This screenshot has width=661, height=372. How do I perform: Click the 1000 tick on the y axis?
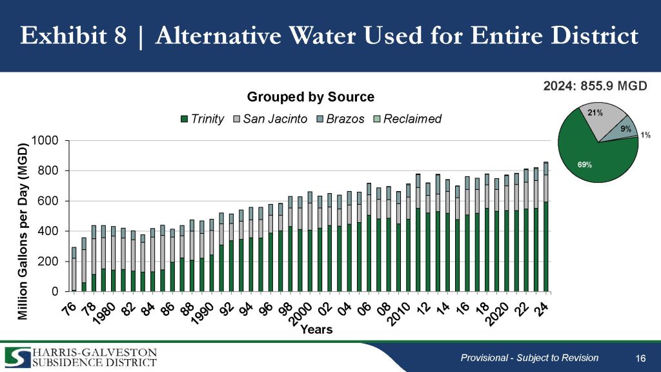point(48,141)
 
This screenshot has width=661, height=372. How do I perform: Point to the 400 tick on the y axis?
point(52,231)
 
